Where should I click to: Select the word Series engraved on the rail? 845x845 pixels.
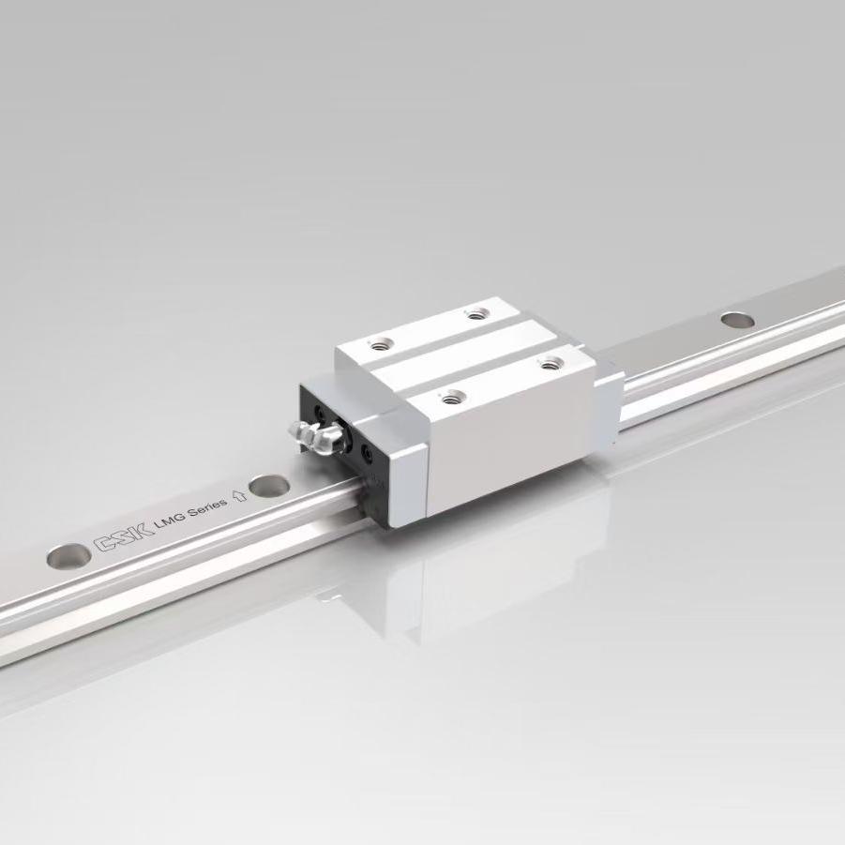(207, 506)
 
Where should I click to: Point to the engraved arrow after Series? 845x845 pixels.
(239, 495)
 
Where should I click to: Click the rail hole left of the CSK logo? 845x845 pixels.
(68, 556)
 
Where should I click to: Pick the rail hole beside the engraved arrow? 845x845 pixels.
(269, 486)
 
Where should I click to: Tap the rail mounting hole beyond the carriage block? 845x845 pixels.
(737, 320)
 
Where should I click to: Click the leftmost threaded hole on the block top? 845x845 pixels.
(383, 342)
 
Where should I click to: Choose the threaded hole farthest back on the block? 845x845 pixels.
(475, 312)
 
